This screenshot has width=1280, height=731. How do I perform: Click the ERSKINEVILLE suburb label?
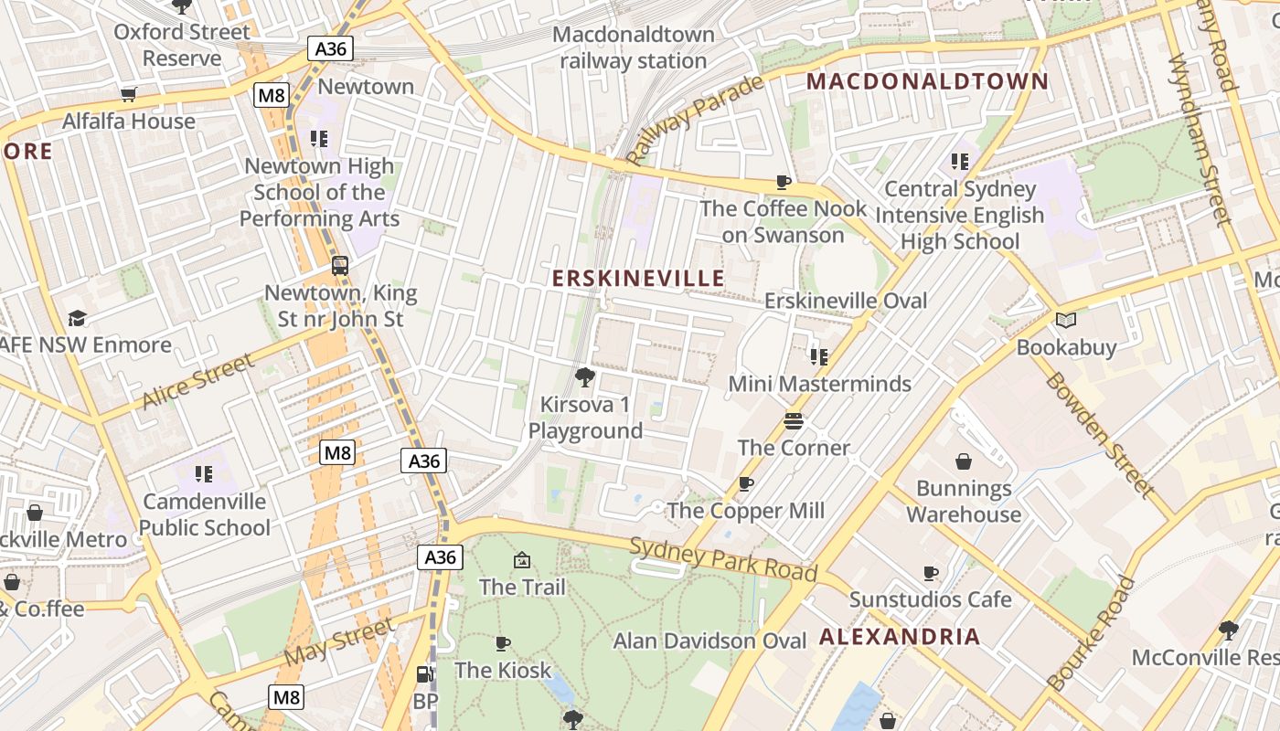tap(638, 279)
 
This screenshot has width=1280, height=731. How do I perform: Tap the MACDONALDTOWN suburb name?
tap(927, 81)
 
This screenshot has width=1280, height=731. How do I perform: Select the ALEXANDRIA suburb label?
tap(900, 637)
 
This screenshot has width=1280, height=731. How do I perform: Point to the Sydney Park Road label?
tap(723, 559)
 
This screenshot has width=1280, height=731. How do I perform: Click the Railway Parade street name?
tap(696, 120)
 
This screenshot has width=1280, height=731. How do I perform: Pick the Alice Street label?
tap(198, 382)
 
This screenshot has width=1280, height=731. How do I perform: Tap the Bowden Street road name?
tap(1100, 435)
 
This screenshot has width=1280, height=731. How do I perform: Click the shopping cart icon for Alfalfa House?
tap(129, 94)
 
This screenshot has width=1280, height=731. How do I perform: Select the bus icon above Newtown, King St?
tap(340, 266)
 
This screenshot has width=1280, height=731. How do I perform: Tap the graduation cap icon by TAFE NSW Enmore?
tap(78, 318)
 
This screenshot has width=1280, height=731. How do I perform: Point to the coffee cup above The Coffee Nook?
tap(783, 182)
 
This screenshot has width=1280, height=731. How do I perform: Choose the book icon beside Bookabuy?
tap(1066, 320)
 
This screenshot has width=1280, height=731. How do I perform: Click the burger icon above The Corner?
tap(794, 421)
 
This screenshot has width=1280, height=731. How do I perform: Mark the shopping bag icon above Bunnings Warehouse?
tap(964, 461)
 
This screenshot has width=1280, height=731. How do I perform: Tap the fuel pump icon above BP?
tap(425, 674)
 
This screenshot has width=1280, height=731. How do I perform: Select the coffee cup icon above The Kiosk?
tap(502, 643)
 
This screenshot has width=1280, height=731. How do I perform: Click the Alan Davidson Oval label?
tap(710, 641)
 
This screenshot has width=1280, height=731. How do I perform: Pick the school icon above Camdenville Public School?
tap(204, 474)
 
